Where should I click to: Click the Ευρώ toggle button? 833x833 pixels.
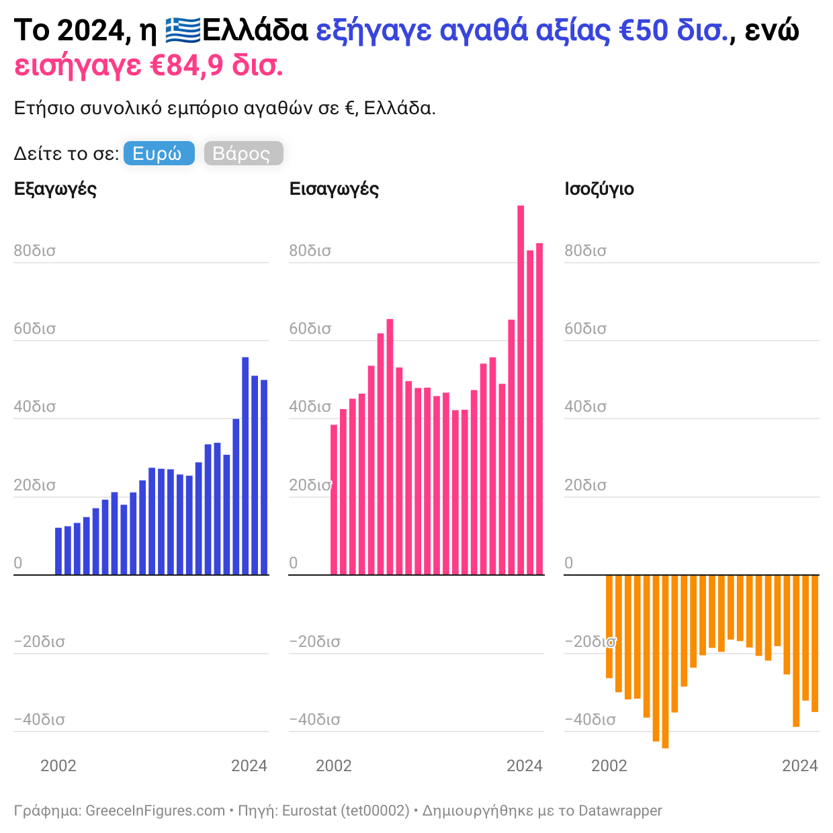(159, 154)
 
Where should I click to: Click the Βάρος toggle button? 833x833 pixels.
(243, 154)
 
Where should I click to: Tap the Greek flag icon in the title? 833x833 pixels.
(183, 31)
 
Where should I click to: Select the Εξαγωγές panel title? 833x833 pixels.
(55, 189)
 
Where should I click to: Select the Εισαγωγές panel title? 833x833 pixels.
(334, 189)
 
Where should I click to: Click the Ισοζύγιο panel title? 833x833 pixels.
(599, 189)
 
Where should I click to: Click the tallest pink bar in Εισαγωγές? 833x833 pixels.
(521, 390)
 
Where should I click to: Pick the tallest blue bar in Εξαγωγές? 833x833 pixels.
(245, 466)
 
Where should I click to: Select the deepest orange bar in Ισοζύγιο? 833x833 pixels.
(665, 662)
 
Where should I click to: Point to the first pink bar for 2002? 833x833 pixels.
(334, 500)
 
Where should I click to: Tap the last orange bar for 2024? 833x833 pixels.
(815, 643)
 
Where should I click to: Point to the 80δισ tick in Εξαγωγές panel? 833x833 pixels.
(35, 251)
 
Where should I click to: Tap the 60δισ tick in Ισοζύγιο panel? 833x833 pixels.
(585, 329)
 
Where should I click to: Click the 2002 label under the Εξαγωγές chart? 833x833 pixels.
(58, 766)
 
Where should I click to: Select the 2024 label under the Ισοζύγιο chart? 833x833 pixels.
(800, 766)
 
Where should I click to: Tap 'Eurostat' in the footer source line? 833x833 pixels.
(308, 811)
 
